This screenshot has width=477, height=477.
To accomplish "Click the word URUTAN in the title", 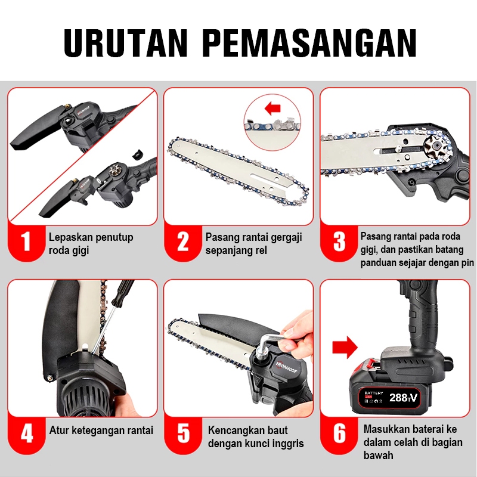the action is click(x=125, y=43).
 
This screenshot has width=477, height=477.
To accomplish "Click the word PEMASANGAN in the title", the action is click(x=309, y=43).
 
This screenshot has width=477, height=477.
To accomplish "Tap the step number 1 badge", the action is click(x=26, y=241).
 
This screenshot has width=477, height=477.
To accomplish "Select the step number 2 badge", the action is click(x=183, y=241).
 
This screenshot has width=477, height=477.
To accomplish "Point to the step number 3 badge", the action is click(x=339, y=241).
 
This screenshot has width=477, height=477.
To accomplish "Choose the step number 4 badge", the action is click(x=26, y=434).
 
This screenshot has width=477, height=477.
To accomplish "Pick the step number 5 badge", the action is click(x=183, y=434).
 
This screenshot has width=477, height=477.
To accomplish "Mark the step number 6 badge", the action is click(x=339, y=434).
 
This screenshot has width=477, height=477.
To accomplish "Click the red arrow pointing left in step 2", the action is click(x=272, y=108).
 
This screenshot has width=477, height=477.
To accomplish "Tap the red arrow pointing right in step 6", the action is click(x=345, y=347).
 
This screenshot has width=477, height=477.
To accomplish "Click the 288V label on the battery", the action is click(x=403, y=397).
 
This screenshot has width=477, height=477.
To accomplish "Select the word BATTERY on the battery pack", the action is click(x=374, y=393).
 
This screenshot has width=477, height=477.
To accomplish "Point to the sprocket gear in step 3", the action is click(x=434, y=148).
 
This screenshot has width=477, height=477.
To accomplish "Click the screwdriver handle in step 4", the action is click(x=122, y=293).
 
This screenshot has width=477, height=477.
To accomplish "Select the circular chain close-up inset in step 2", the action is click(x=272, y=122).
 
